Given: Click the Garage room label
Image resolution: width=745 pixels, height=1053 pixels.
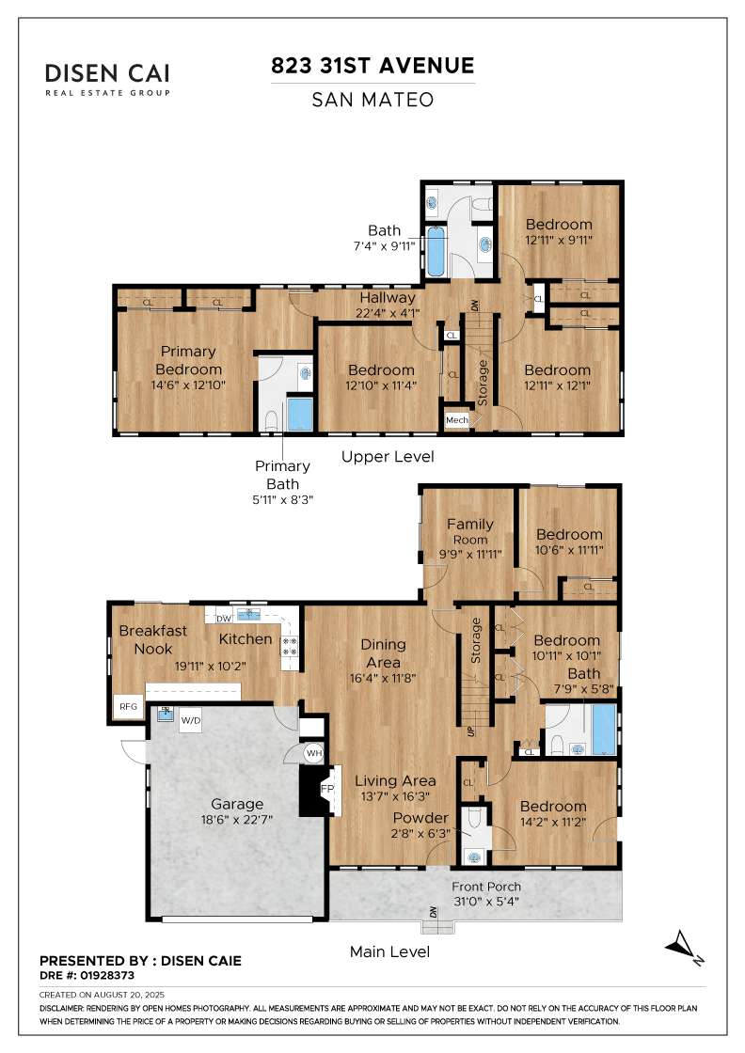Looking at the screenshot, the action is (236, 804).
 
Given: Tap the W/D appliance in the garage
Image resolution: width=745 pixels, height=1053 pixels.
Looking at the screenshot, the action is (191, 720).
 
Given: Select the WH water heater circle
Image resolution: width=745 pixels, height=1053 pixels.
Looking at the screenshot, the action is (314, 753).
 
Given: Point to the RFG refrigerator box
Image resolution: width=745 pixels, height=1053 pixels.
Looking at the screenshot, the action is (128, 706).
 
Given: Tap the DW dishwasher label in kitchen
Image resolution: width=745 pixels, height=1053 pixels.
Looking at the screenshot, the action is (224, 618).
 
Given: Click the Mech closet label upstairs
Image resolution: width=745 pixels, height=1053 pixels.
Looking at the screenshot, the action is (457, 419).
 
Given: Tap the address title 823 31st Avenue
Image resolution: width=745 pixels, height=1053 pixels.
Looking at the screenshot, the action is (372, 65).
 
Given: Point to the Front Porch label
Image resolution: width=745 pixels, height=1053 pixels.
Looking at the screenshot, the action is (485, 887).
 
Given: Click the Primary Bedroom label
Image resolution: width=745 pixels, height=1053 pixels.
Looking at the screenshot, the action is (188, 360).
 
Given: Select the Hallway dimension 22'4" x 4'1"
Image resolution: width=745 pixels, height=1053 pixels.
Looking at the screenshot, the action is (388, 312).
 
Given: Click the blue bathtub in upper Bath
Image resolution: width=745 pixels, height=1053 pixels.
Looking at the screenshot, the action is (436, 252).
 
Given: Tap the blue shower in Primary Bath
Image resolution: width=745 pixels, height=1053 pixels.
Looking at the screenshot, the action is (300, 415).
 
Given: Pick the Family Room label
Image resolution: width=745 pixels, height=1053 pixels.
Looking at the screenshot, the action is (470, 530).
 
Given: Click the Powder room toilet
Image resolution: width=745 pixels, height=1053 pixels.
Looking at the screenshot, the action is (474, 819).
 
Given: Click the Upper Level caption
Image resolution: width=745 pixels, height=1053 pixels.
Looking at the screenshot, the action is (388, 457).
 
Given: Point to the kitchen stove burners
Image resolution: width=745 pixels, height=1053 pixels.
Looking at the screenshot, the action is (290, 646).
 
